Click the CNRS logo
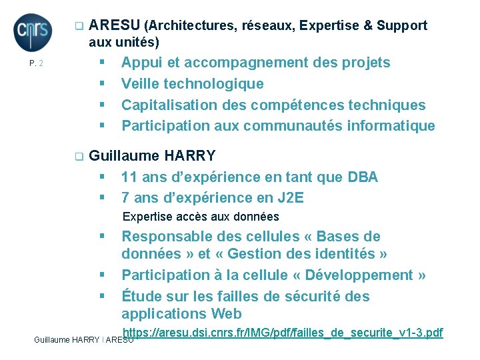[31, 32]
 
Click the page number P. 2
[36, 64]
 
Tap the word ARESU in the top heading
[114, 26]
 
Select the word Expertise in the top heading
[329, 26]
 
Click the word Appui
[141, 63]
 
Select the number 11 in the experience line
[129, 177]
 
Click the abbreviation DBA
[363, 177]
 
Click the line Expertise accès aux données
[201, 217]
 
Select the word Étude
[141, 296]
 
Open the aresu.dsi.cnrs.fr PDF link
[283, 332]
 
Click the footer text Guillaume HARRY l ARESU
[83, 340]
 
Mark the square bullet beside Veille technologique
[103, 84]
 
